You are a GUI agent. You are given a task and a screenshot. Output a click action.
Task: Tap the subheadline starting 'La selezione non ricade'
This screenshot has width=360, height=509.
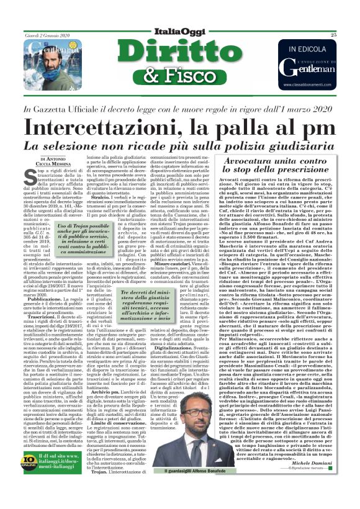click(180, 146)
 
